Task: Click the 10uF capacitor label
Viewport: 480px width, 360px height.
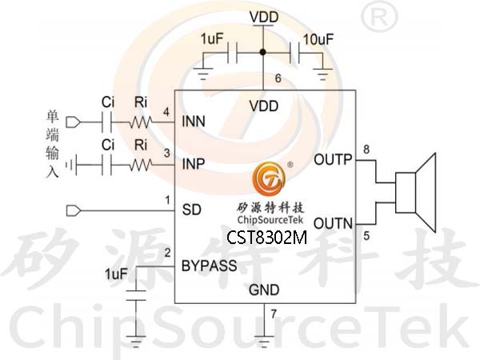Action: (x=318, y=39)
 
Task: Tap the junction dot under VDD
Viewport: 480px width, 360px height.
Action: (x=262, y=52)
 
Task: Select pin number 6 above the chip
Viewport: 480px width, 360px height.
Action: (x=278, y=78)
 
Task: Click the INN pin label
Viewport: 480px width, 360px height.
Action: (x=194, y=122)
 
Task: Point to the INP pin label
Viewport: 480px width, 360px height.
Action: (x=194, y=164)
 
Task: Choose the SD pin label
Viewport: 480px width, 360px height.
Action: (x=192, y=210)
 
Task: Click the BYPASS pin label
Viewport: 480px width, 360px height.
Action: (x=210, y=266)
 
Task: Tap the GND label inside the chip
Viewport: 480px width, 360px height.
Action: (x=264, y=290)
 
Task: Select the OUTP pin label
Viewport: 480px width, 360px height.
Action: (x=333, y=159)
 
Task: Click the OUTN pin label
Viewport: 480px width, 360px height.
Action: (x=334, y=223)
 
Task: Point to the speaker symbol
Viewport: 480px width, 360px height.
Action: (x=415, y=193)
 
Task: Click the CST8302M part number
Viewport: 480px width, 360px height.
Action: (x=266, y=238)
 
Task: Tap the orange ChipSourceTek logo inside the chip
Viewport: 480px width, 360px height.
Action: (x=269, y=178)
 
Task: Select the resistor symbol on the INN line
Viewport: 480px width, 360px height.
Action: (x=141, y=122)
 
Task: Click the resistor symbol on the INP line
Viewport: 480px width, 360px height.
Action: (x=141, y=166)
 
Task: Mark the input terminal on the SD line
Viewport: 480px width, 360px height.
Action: (x=74, y=210)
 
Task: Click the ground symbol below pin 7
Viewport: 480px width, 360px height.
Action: (x=264, y=342)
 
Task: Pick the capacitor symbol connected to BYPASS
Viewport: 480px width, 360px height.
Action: (x=136, y=295)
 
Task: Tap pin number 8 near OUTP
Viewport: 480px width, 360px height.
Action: (x=366, y=150)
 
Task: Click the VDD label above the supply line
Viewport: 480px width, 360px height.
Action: (x=264, y=17)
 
